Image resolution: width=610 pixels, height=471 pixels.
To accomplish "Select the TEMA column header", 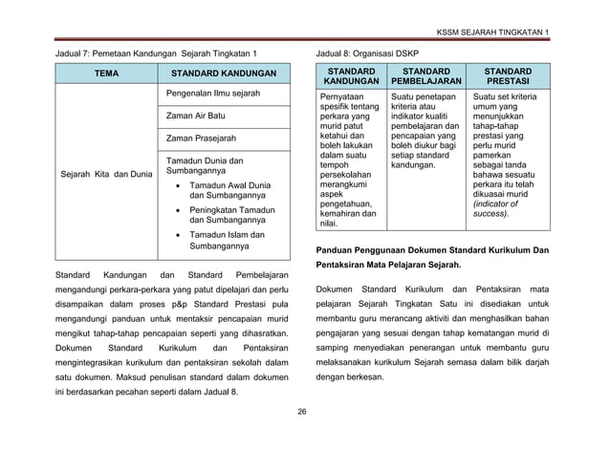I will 106,75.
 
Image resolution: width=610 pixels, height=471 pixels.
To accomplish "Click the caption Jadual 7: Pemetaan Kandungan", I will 154,54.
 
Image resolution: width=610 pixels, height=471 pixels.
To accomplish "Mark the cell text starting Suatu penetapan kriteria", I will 426,130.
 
